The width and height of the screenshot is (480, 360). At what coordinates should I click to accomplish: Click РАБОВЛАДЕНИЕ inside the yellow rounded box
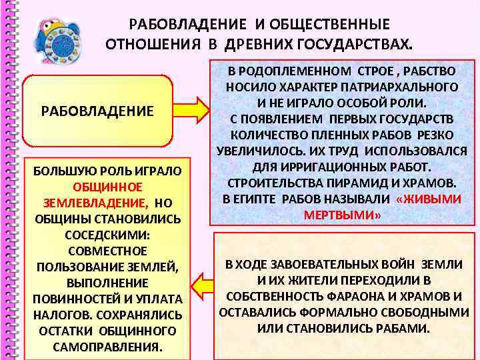[x=97, y=110]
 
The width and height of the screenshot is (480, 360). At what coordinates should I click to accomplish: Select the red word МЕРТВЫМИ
[x=341, y=215]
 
